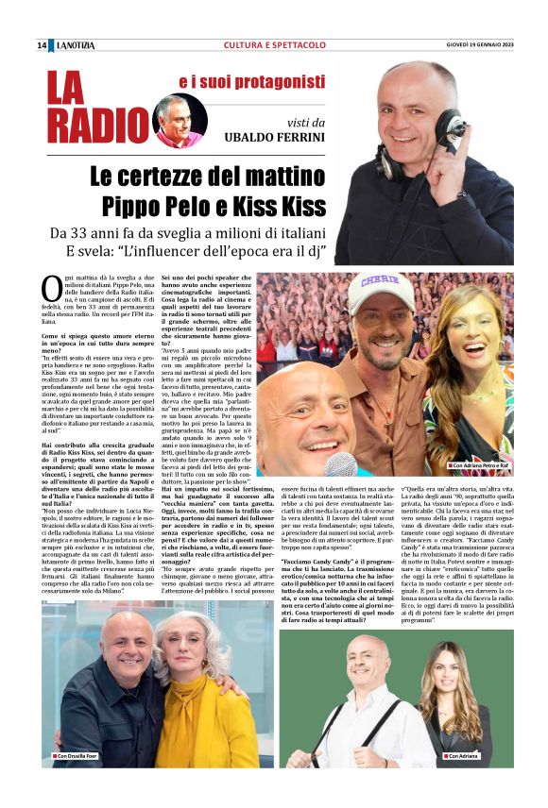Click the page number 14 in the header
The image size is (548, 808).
point(42,45)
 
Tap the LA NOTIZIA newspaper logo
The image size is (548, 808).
point(75,45)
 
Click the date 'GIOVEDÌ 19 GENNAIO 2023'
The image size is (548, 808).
point(480,45)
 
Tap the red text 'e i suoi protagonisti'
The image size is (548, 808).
point(246,82)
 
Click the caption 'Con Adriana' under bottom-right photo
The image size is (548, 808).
point(464,756)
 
